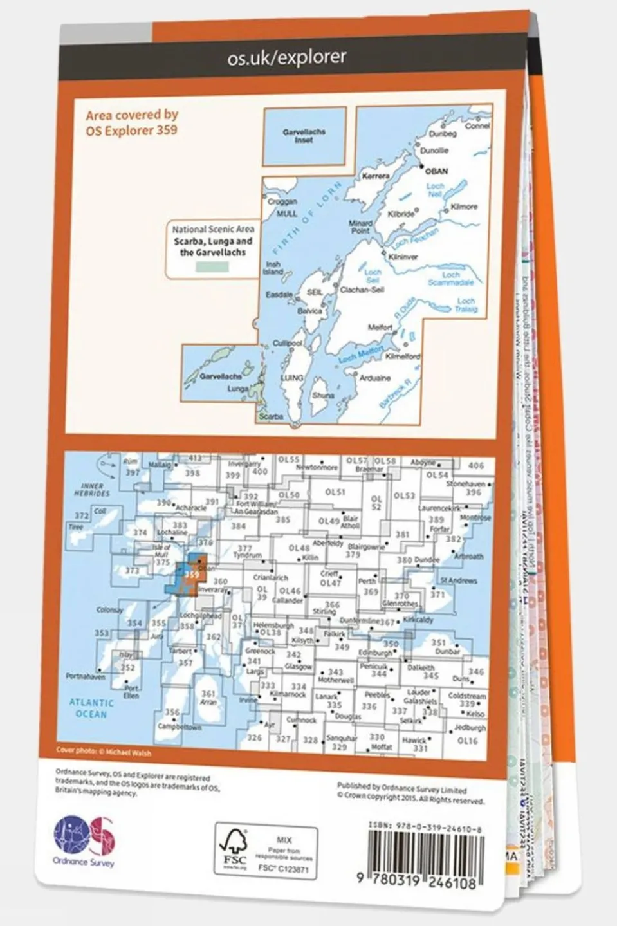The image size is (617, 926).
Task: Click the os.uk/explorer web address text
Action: tap(287, 57)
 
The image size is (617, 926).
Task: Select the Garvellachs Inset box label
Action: tap(304, 135)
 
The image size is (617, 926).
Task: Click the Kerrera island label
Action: tap(376, 176)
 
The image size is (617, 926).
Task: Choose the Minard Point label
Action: tap(360, 227)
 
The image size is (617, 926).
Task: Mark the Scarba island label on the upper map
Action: tap(271, 416)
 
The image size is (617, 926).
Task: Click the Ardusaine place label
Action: tap(375, 378)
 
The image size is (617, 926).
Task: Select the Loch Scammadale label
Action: tap(451, 279)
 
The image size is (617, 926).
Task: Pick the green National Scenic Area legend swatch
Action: tap(212, 266)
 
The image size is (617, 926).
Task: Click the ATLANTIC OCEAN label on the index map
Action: tap(91, 708)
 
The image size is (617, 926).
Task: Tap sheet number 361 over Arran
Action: tap(208, 694)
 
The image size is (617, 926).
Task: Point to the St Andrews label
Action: tap(458, 580)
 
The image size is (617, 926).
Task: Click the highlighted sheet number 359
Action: tap(191, 575)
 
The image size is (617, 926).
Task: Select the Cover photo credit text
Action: tap(104, 752)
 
